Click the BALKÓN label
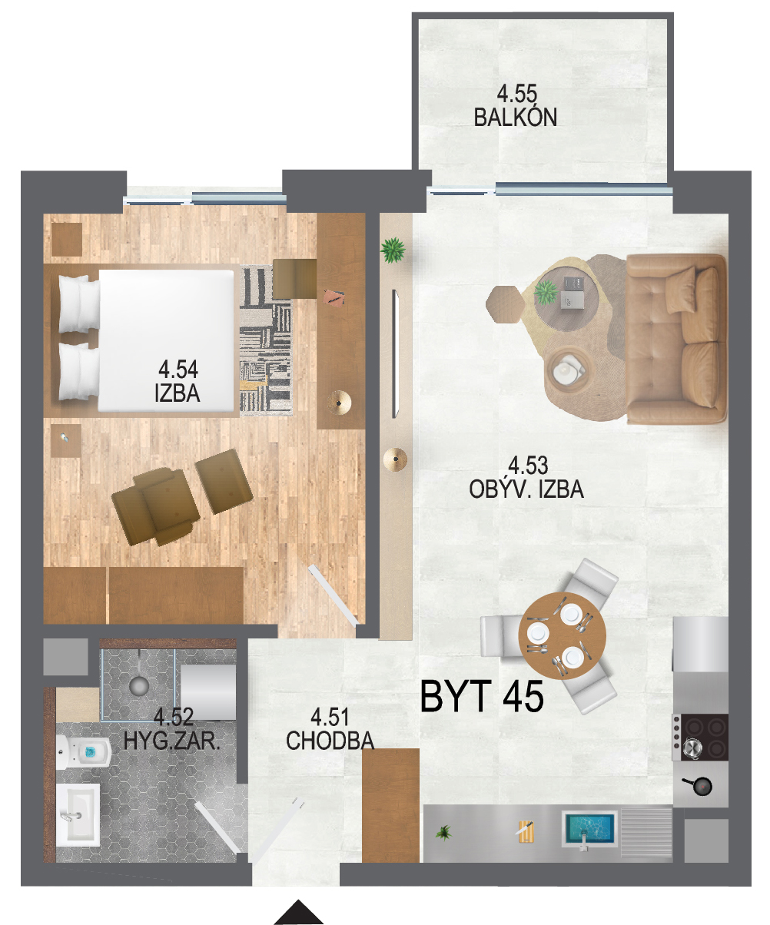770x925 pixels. [x=515, y=118]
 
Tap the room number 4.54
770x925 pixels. [x=178, y=369]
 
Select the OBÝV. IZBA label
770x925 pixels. [x=526, y=489]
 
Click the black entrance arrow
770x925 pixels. [x=299, y=912]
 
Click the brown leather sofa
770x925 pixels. [x=676, y=339]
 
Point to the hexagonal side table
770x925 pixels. [x=505, y=303]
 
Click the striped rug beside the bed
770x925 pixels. [x=266, y=340]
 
